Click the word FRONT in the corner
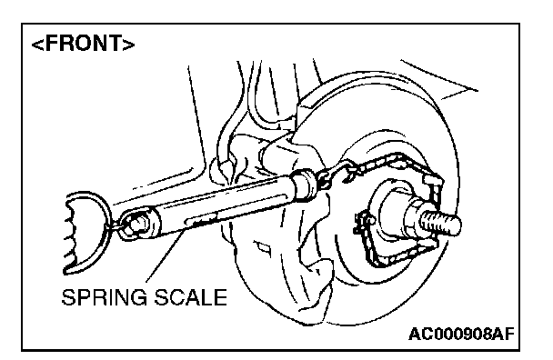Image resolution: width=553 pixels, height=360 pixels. (x=84, y=44)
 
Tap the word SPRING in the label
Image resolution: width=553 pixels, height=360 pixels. (x=105, y=297)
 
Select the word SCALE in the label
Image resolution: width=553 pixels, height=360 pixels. (x=191, y=297)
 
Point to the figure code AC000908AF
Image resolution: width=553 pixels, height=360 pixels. (x=461, y=334)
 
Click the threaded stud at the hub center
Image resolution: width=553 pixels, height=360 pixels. (x=441, y=221)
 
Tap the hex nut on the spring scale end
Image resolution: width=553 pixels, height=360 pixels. (x=137, y=223)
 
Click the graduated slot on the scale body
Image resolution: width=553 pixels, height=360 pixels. (x=203, y=220)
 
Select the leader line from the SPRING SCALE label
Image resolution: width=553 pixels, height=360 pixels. (x=166, y=255)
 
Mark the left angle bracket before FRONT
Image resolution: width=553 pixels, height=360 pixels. (x=37, y=45)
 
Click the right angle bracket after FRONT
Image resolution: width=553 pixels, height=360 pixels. (x=129, y=45)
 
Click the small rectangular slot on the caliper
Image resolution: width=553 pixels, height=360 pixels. (x=262, y=247)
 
